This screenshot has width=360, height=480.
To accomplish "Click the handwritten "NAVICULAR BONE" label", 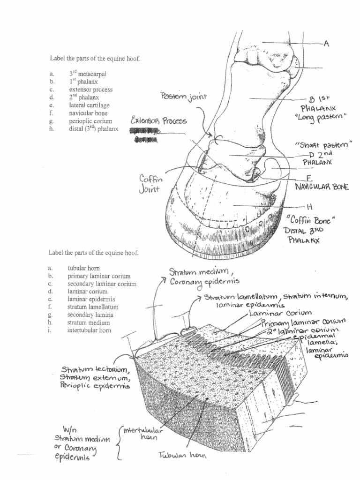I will (321, 187).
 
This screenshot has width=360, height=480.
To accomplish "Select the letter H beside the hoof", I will (309, 206).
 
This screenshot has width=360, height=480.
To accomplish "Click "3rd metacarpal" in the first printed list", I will (88, 74).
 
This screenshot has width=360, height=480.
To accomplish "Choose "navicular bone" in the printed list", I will (88, 113).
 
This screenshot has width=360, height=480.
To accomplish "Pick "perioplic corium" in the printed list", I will (90, 121).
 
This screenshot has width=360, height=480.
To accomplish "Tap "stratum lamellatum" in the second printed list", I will (93, 307).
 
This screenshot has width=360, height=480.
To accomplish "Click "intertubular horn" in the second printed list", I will (90, 330).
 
